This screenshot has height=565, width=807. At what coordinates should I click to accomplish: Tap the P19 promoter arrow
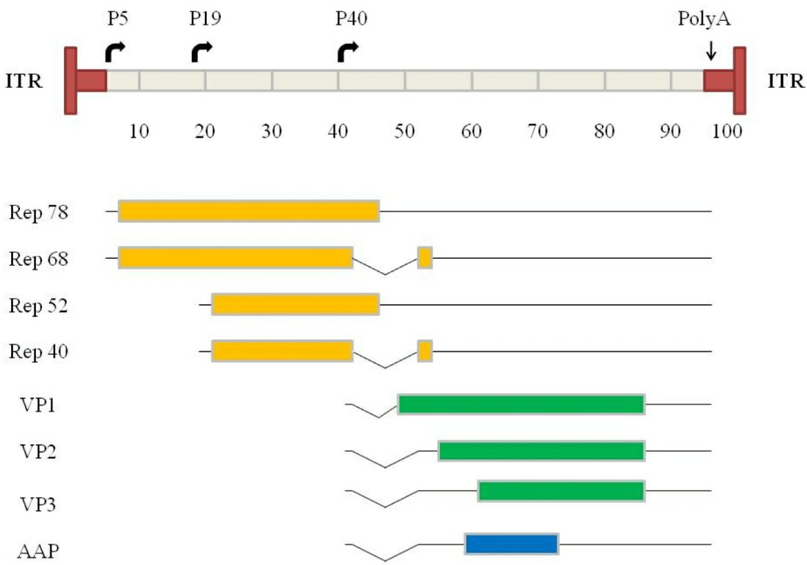pyautogui.click(x=202, y=52)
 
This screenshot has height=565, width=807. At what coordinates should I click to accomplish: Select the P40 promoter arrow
pyautogui.click(x=348, y=52)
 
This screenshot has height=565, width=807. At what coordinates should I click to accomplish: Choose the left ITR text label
pyautogui.click(x=24, y=82)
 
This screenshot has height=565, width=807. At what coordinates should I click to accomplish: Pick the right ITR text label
pyautogui.click(x=785, y=82)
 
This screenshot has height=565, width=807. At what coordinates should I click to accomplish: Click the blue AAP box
pyautogui.click(x=511, y=544)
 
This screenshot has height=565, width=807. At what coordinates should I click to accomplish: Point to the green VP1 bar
pyautogui.click(x=521, y=404)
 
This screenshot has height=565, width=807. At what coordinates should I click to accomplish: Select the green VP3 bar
pyautogui.click(x=561, y=490)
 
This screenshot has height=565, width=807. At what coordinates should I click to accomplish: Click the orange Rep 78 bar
pyautogui.click(x=248, y=210)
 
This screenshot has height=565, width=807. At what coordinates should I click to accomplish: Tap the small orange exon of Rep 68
pyautogui.click(x=425, y=257)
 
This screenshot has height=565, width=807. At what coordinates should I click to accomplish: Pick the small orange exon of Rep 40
pyautogui.click(x=425, y=351)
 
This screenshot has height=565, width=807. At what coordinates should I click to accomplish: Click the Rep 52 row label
pyautogui.click(x=38, y=306)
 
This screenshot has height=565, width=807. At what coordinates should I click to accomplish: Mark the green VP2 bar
pyautogui.click(x=541, y=450)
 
